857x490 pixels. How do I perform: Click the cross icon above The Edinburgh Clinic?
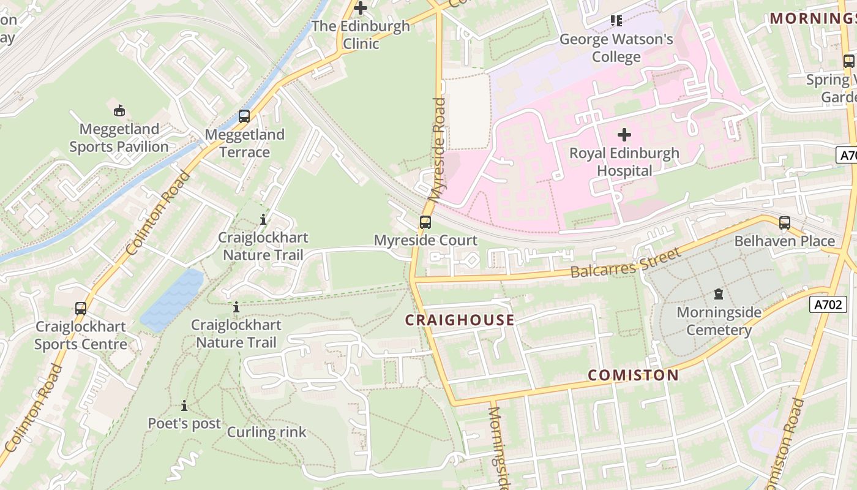pos(361,8)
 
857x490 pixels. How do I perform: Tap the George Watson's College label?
pos(616,48)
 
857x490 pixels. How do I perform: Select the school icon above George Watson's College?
pos(616,21)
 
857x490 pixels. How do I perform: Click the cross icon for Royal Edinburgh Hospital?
pos(624,134)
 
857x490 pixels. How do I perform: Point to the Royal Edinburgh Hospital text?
pos(624,162)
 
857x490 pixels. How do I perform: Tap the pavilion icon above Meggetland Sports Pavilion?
pos(119,111)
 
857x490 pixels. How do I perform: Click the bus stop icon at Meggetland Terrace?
pos(244,116)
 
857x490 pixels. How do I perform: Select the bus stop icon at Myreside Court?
pos(425,222)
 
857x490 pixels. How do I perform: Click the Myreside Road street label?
pos(438,150)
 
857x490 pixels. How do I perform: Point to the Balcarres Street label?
pos(626,263)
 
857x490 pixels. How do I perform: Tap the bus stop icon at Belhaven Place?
pos(784,223)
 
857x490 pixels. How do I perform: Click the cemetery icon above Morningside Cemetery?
pos(719,294)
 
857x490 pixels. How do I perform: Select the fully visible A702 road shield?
pos(828,304)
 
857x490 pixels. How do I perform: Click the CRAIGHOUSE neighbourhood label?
pos(460,320)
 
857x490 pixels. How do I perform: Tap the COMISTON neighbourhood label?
pos(634,375)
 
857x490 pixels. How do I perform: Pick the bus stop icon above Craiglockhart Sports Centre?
pos(81,309)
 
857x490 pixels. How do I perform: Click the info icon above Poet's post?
pos(184,405)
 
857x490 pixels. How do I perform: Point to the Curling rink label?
pos(266,432)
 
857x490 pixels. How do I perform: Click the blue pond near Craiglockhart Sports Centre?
pos(173,300)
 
